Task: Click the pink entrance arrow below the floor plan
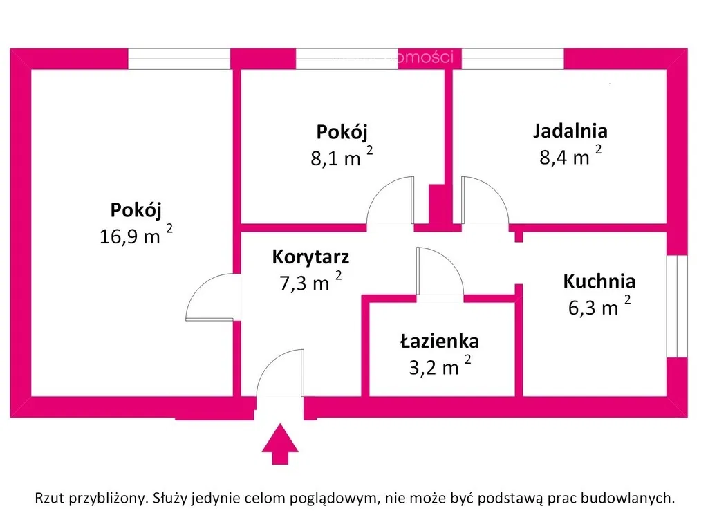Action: coord(280,445)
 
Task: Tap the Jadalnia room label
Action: coord(570,131)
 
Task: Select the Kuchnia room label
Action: coord(599,281)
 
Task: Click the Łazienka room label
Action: coord(439,341)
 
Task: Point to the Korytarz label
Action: coord(310,258)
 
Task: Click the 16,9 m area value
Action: coord(131,236)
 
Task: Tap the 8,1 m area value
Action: coord(336,158)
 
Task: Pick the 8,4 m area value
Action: coord(565,157)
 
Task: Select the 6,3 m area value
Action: coord(593,308)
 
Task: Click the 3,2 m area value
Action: coord(434,367)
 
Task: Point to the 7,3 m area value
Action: coord(304,283)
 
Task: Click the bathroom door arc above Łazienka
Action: coord(438,272)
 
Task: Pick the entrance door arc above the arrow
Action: coord(280,373)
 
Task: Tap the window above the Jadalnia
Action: coord(512,59)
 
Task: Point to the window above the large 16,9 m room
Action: coord(179,59)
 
